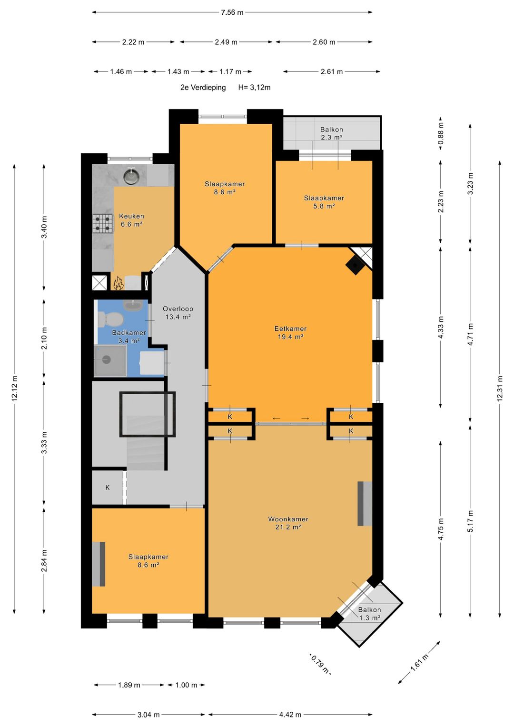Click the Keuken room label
coord(131,216)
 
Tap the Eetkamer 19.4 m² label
coord(290,333)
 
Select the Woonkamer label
coord(288,519)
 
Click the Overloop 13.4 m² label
coord(178,313)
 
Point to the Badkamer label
coord(129,333)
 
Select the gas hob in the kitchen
coord(103,224)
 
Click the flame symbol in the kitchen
coord(118,283)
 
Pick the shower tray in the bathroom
coord(110,360)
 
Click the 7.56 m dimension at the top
coord(232,13)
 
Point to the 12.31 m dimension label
coord(500,388)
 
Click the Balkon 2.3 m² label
coord(332,133)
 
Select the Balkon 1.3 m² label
coord(369,614)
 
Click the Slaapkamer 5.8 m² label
coord(324,202)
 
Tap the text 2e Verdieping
coord(203,87)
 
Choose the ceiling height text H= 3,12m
coord(255,87)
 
